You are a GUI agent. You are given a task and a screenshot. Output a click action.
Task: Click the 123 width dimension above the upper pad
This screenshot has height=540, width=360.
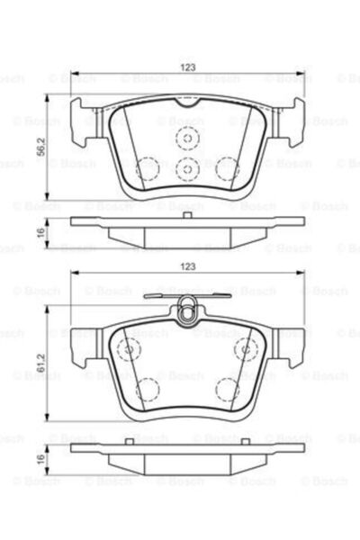click(x=187, y=67)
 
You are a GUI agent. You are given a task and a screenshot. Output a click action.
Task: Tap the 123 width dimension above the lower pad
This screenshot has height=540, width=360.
click(x=187, y=267)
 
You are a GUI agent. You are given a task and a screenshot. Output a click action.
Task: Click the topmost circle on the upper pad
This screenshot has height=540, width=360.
click(x=186, y=138)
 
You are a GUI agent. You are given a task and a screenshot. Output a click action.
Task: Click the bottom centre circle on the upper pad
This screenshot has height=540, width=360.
click(x=186, y=168)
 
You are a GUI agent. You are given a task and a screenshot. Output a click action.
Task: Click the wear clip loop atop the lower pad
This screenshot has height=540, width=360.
click(x=187, y=313)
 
